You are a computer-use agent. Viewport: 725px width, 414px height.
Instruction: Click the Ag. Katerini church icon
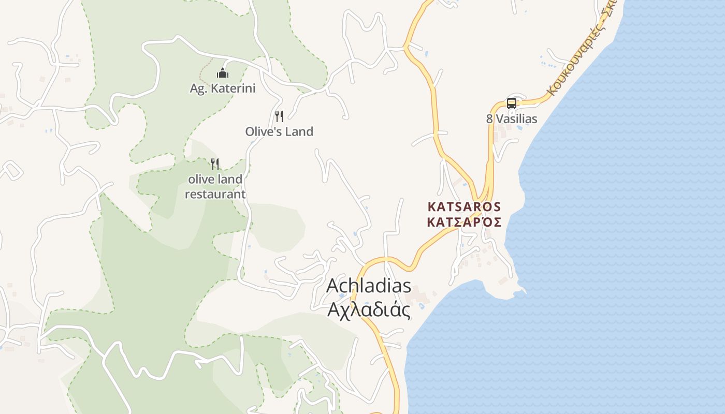[223, 73]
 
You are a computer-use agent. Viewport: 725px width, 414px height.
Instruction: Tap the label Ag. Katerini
[223, 88]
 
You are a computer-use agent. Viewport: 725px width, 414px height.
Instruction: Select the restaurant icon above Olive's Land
[279, 116]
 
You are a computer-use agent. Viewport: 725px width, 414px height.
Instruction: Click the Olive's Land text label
[279, 131]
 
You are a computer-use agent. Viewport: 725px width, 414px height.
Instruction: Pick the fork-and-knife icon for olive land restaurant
[215, 164]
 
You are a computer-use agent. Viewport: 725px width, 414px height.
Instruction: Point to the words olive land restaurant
[215, 187]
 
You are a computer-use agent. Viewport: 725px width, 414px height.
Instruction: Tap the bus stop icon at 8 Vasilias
[512, 103]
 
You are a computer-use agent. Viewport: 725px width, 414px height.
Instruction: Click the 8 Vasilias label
[512, 119]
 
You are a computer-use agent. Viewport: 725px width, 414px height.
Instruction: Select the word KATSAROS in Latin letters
[465, 206]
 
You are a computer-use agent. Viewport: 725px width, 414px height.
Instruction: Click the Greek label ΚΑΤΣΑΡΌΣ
[465, 222]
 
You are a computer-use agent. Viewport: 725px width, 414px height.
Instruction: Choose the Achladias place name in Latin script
[369, 286]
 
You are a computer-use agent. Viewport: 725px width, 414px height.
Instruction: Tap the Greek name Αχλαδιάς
[369, 310]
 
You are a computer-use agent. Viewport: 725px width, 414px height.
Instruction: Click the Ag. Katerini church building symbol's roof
[223, 70]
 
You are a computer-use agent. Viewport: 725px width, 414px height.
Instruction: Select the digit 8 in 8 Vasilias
[489, 119]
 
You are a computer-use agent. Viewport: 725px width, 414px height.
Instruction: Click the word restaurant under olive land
[215, 195]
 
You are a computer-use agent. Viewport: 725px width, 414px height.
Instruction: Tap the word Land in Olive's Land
[300, 131]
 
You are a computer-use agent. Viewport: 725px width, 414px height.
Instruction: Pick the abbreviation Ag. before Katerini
[198, 89]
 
